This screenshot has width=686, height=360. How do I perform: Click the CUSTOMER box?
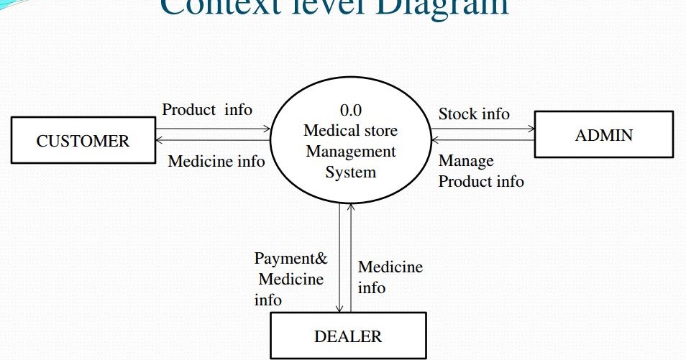click(x=83, y=141)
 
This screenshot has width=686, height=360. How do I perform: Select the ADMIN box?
click(x=603, y=134)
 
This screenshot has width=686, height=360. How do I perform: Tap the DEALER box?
click(x=348, y=336)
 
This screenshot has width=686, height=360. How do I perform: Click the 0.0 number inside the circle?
click(x=350, y=111)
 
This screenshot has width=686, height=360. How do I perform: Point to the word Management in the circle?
click(x=350, y=152)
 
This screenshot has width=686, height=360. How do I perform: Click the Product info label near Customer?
click(x=207, y=109)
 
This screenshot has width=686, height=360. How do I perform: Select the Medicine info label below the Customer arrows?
click(x=216, y=161)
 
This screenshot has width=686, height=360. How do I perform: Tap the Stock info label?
click(x=474, y=114)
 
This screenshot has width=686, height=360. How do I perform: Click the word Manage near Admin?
click(x=466, y=160)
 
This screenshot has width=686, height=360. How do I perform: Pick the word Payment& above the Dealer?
click(x=291, y=258)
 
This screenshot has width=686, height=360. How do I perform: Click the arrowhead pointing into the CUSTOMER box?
click(x=159, y=139)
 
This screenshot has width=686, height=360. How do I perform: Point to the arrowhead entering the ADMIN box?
click(x=531, y=129)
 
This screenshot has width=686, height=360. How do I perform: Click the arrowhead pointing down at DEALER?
click(x=339, y=308)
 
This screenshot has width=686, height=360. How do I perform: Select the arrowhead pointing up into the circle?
click(x=351, y=206)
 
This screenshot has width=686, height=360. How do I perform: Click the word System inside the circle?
click(x=350, y=172)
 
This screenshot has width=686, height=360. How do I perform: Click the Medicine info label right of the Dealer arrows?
click(x=390, y=277)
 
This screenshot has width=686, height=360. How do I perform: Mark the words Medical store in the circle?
click(x=350, y=131)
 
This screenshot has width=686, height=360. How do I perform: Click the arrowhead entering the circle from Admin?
click(x=434, y=139)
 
